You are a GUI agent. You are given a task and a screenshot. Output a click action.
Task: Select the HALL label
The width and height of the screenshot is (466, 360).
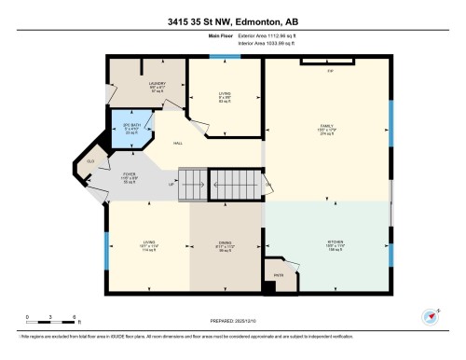(x=177, y=144)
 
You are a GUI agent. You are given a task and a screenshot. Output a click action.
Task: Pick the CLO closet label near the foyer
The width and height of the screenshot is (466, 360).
(x=89, y=161)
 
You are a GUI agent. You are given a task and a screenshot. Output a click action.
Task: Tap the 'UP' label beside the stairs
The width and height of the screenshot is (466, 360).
(x=171, y=184)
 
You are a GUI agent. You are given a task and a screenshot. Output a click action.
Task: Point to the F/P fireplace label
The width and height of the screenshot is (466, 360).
(x=329, y=71)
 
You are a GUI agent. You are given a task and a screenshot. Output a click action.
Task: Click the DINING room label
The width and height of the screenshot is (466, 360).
(x=225, y=245)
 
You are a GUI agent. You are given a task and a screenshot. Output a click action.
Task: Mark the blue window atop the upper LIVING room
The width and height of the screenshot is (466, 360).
(x=219, y=58)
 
